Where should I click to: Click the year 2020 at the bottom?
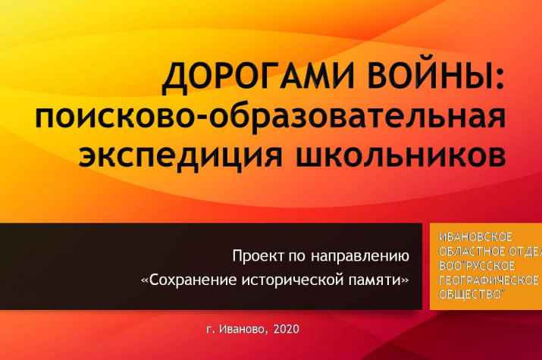point(287,329)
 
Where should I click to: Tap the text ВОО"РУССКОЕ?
point(477,266)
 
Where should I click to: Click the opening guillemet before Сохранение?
point(146,280)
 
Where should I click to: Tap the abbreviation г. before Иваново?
point(211,330)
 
